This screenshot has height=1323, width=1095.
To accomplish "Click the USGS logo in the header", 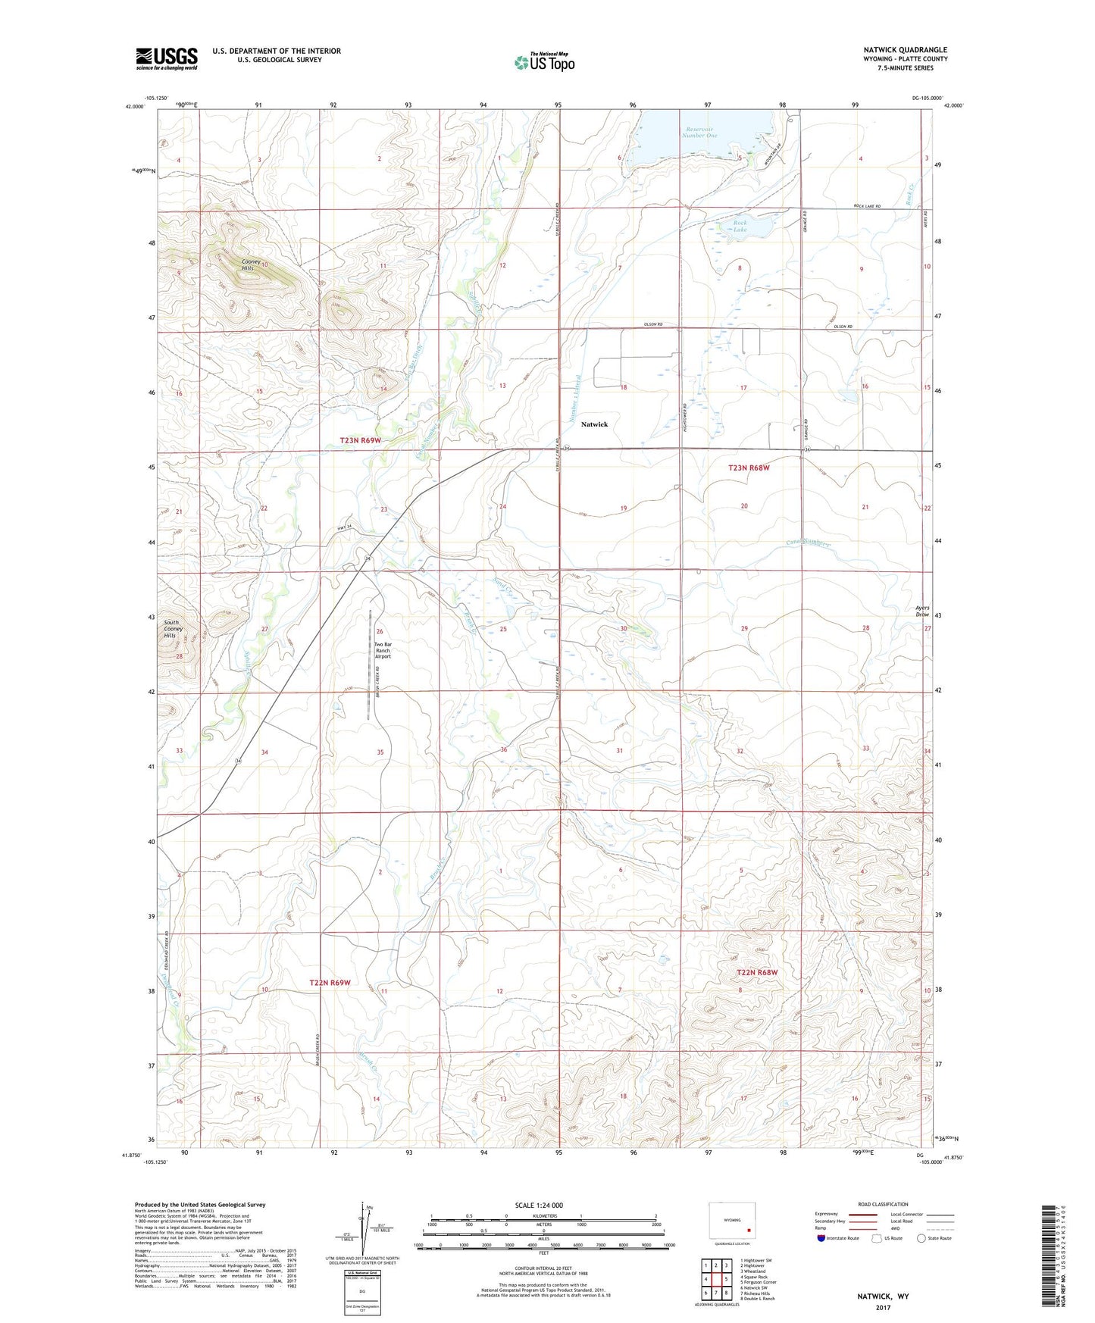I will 167,58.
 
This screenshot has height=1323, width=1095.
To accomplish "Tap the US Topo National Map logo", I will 544,61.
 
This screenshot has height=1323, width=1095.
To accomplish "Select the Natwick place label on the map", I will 594,424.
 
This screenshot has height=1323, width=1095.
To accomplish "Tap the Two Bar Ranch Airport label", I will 383,650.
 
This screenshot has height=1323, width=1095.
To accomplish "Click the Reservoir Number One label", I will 699,132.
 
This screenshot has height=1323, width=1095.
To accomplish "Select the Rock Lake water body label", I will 740,226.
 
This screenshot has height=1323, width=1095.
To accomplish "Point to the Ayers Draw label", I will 921,611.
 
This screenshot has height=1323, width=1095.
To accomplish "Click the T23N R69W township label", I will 361,440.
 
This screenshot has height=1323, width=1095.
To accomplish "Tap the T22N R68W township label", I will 757,972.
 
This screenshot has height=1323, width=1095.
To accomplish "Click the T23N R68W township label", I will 749,468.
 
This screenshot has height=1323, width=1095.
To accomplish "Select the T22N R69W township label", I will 330,983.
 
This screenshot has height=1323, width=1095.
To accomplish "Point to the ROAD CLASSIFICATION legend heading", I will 883,1204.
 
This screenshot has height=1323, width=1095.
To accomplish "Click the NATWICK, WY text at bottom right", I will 883,1296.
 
